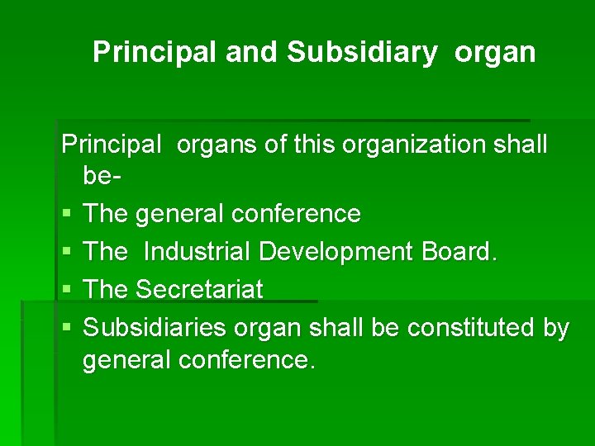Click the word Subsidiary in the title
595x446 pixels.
(362, 52)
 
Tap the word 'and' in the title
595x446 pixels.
(252, 52)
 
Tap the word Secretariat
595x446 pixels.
(198, 290)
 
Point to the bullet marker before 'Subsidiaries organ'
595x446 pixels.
(67, 329)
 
